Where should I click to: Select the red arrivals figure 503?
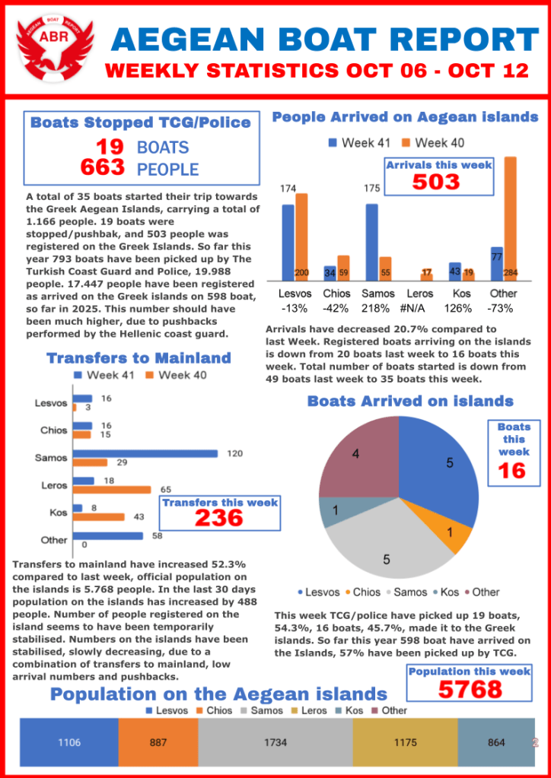(x=436, y=183)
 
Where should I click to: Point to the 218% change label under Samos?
(x=376, y=309)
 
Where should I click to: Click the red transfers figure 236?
(x=219, y=519)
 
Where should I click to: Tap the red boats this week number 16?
(x=511, y=472)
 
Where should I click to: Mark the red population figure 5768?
(x=470, y=689)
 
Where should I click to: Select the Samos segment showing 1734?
(x=275, y=743)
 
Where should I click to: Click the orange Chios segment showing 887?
(x=158, y=743)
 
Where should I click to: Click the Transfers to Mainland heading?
(x=139, y=358)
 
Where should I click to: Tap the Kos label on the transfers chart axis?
(x=58, y=513)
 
